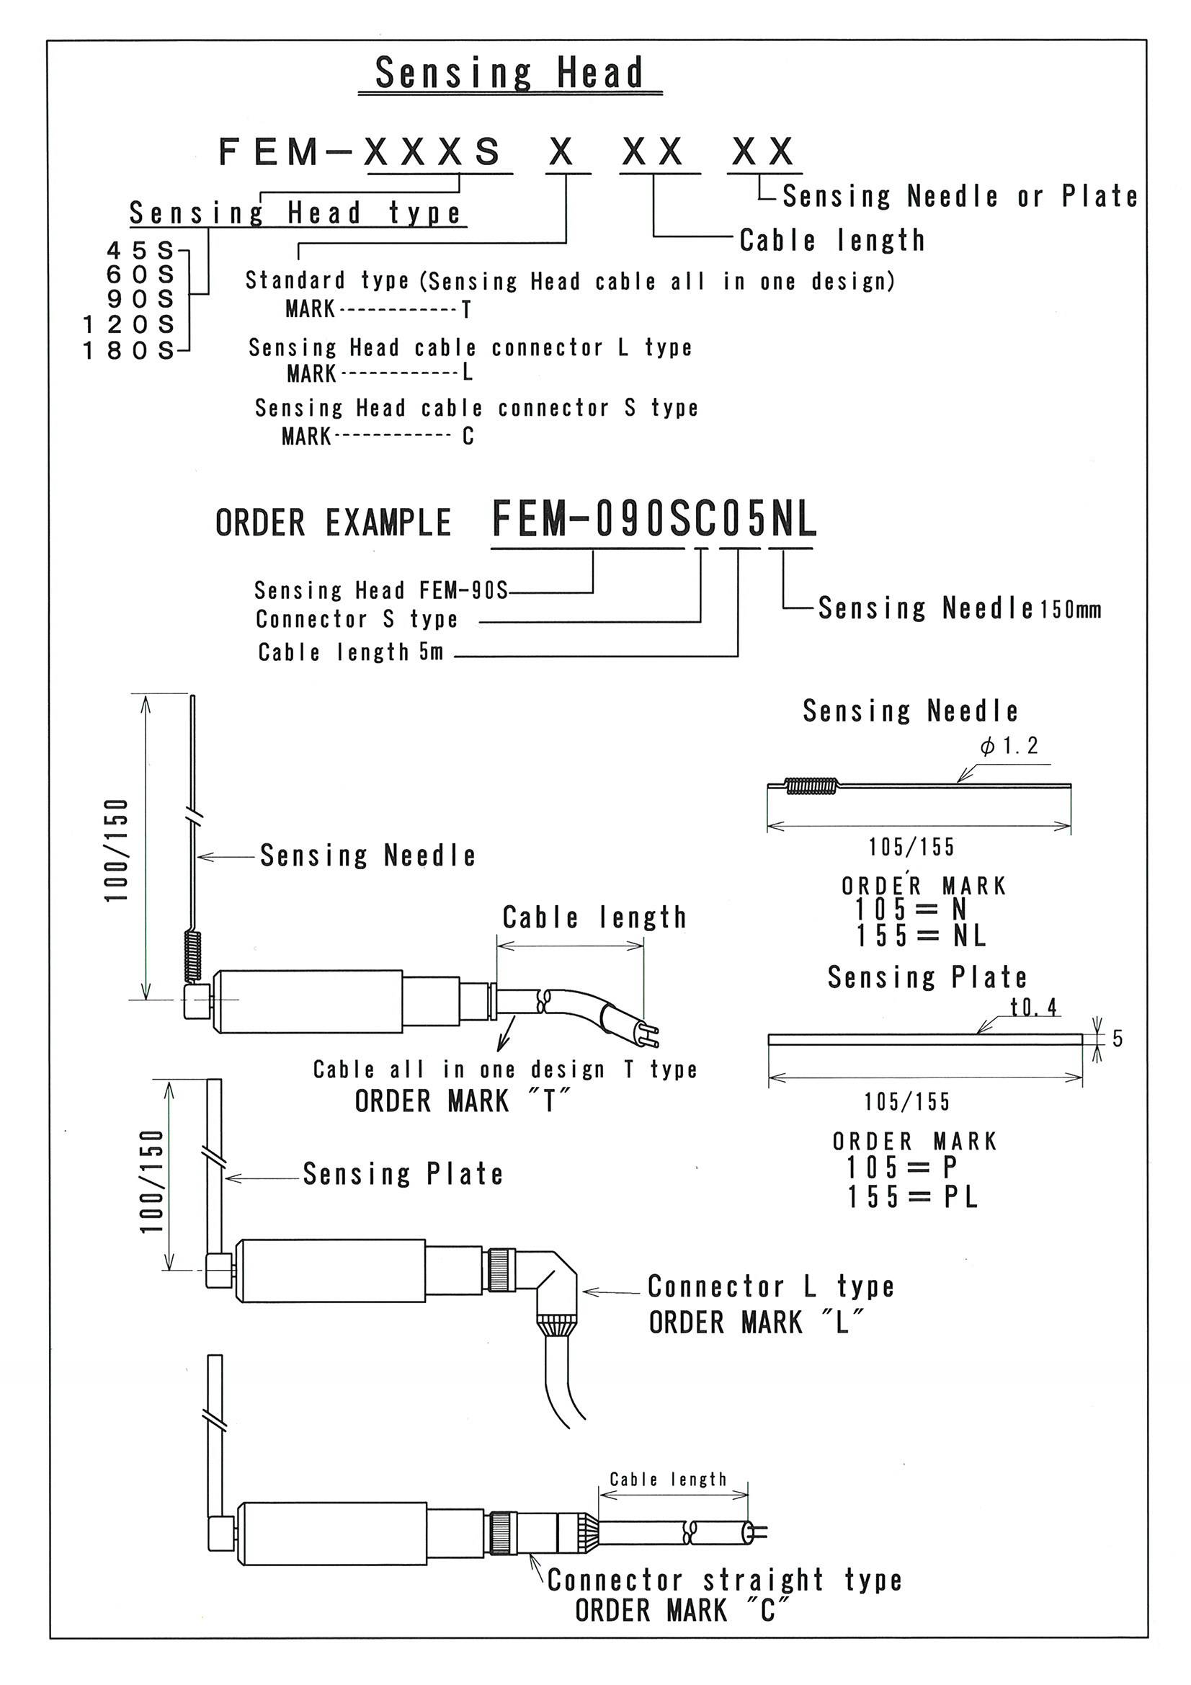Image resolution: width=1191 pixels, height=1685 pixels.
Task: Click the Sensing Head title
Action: [509, 73]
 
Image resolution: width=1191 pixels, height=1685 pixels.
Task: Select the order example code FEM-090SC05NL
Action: [653, 519]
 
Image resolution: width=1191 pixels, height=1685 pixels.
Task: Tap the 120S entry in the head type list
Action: [129, 324]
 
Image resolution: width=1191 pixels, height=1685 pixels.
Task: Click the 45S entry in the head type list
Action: [140, 251]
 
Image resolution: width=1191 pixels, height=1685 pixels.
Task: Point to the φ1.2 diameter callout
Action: [1009, 747]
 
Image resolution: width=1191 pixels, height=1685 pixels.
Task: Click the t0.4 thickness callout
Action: [1033, 1008]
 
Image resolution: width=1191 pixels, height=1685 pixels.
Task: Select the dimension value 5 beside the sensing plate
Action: [1117, 1039]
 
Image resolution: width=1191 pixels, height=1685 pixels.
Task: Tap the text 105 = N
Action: [911, 910]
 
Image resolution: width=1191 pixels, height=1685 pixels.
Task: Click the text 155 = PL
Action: [913, 1197]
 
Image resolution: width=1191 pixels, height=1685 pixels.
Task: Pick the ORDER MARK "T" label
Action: [463, 1101]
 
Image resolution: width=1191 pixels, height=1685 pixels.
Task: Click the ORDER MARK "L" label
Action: [756, 1322]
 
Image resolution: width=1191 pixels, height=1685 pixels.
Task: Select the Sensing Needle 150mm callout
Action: [959, 608]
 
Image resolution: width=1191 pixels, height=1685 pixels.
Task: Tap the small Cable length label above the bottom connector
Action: [668, 1480]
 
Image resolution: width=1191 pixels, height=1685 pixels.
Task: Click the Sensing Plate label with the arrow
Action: [403, 1173]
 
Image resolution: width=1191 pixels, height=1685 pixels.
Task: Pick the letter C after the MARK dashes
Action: [468, 437]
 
